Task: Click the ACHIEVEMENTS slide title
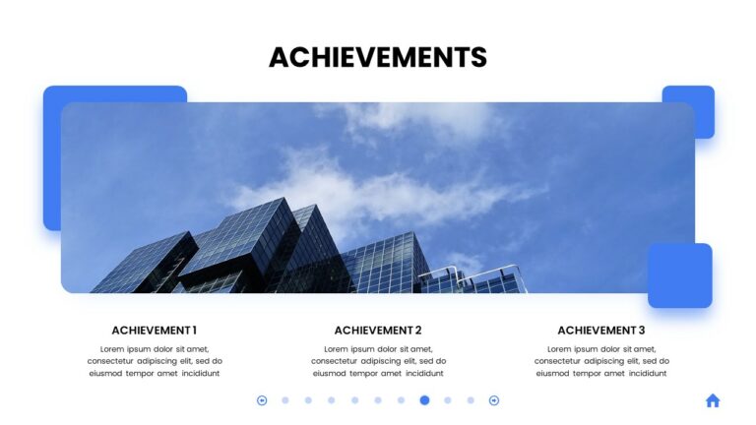(x=378, y=57)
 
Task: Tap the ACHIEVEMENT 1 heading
(x=154, y=331)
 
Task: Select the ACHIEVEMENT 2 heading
(x=378, y=331)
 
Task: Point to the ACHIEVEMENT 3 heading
(x=601, y=331)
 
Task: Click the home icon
(x=713, y=400)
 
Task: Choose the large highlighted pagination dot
(x=424, y=400)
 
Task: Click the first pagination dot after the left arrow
(x=285, y=400)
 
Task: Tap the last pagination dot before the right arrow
(x=471, y=400)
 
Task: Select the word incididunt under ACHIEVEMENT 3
(x=646, y=374)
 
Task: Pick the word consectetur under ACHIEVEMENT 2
(x=339, y=361)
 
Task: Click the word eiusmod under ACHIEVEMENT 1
(x=107, y=374)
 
